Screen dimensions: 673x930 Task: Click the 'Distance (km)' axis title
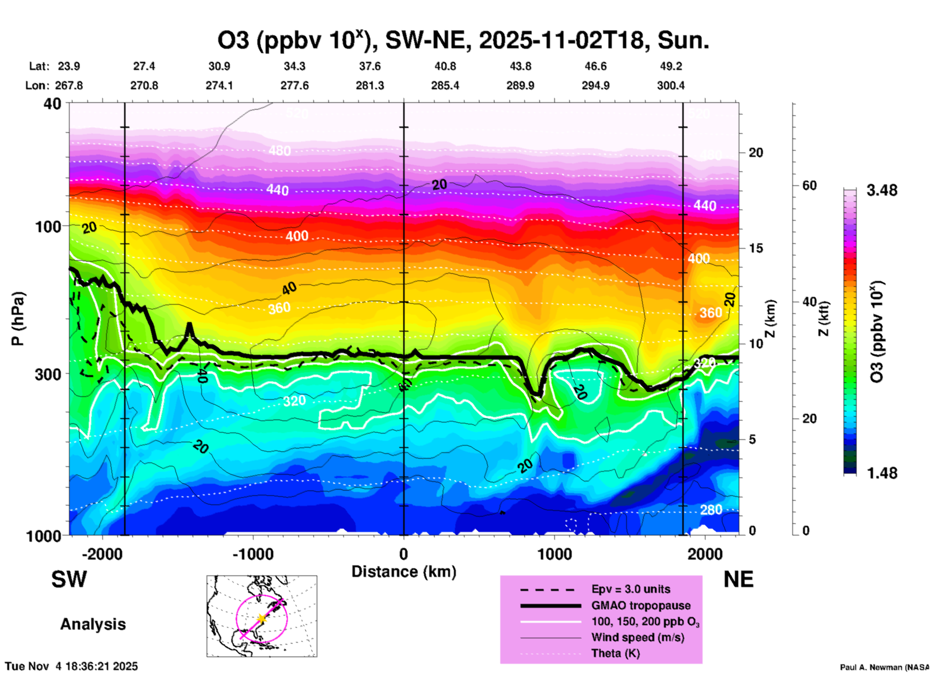(404, 572)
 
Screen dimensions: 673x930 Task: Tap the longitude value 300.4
(671, 85)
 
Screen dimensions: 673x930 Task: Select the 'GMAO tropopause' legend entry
(641, 605)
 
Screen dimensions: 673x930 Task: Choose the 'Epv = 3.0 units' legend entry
(631, 589)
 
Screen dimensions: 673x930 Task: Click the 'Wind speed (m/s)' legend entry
(637, 637)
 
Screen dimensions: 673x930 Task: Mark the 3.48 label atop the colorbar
(882, 191)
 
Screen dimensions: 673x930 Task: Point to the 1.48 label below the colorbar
(882, 473)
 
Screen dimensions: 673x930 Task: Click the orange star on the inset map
(261, 618)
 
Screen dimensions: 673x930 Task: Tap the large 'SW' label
(69, 579)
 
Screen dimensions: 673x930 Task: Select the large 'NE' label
(738, 579)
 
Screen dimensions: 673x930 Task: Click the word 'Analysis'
(93, 624)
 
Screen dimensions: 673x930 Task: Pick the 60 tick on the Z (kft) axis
(809, 185)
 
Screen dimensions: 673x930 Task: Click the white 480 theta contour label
(280, 151)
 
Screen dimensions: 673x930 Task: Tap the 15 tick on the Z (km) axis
(756, 248)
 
